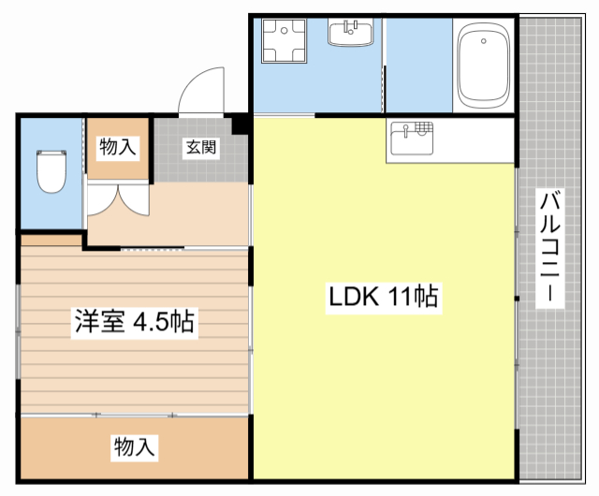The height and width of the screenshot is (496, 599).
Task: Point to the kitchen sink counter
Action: (412, 140)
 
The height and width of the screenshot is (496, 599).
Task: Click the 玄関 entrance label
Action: (201, 147)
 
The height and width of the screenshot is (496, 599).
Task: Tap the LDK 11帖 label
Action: (384, 298)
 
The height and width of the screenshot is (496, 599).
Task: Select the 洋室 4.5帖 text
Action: (135, 323)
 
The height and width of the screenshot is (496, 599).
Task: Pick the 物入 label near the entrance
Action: (118, 146)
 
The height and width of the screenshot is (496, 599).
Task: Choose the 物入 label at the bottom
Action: (134, 446)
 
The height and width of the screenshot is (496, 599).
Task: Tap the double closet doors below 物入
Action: (118, 199)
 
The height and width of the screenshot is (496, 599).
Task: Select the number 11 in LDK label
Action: (400, 298)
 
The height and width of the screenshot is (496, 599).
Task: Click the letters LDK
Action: (351, 298)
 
